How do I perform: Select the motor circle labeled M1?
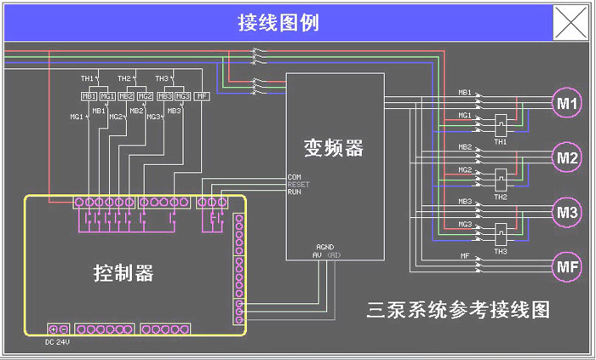[x=567, y=104]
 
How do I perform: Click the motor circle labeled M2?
[x=567, y=157]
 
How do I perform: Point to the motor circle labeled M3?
[x=567, y=211]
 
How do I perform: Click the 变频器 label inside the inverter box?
[x=333, y=147]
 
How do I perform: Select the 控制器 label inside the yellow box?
[x=123, y=272]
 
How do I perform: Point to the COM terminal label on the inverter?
[x=295, y=176]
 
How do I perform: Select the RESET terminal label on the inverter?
[x=298, y=184]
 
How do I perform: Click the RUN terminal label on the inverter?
[x=294, y=191]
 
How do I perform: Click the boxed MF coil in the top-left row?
[x=202, y=96]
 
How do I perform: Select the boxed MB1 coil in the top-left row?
[x=89, y=96]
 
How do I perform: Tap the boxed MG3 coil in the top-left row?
[x=182, y=96]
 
